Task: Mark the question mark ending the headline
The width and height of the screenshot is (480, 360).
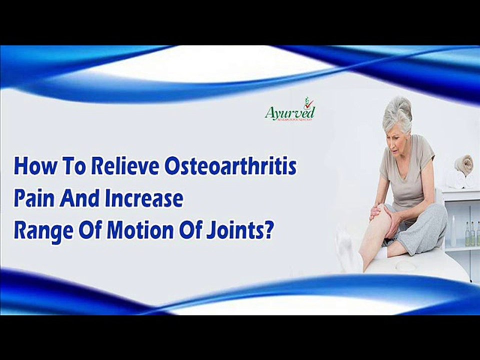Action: click(x=268, y=232)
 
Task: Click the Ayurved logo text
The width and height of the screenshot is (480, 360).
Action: click(x=290, y=112)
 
